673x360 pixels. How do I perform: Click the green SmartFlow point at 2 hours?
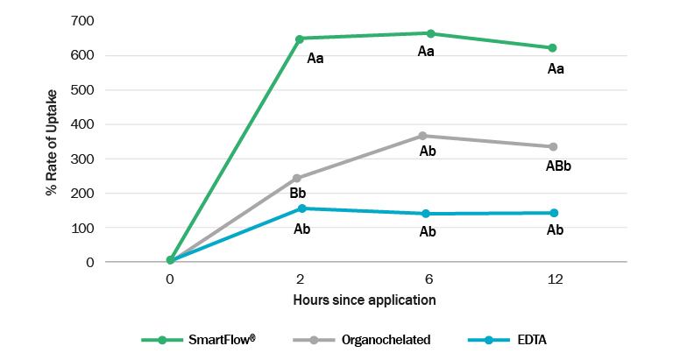300,39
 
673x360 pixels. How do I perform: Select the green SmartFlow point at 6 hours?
430,33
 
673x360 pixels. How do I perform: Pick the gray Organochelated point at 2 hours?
297,178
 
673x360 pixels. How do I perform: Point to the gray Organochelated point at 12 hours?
554,146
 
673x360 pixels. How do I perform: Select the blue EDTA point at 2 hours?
301,208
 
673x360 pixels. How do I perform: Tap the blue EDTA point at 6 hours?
427,214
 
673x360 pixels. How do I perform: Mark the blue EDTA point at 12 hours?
554,213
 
